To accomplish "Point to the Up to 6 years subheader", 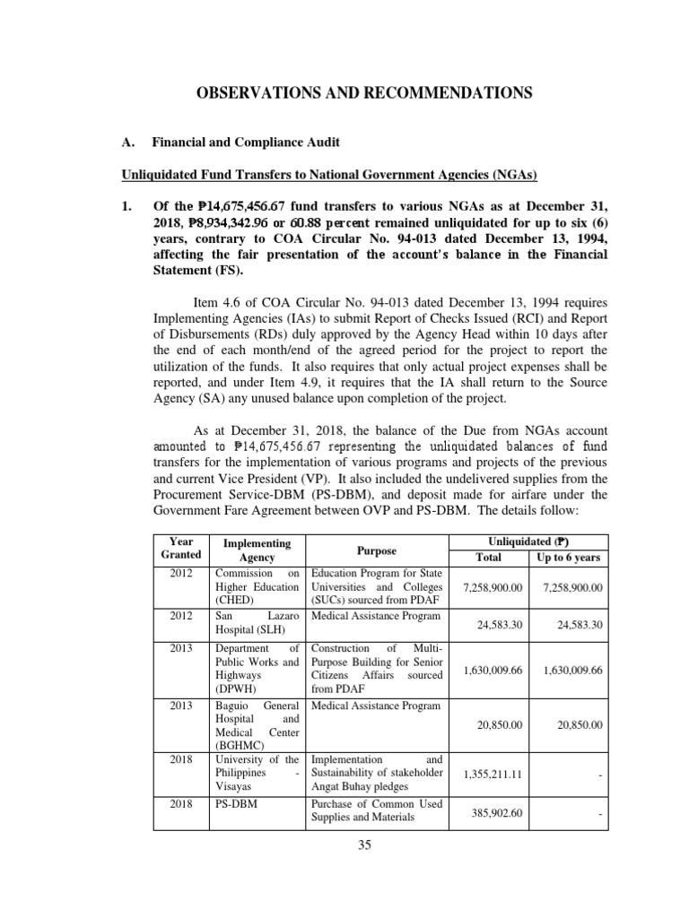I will coord(568,558).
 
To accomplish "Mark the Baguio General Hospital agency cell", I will coord(257,724).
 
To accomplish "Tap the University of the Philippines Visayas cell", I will coord(257,772).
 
